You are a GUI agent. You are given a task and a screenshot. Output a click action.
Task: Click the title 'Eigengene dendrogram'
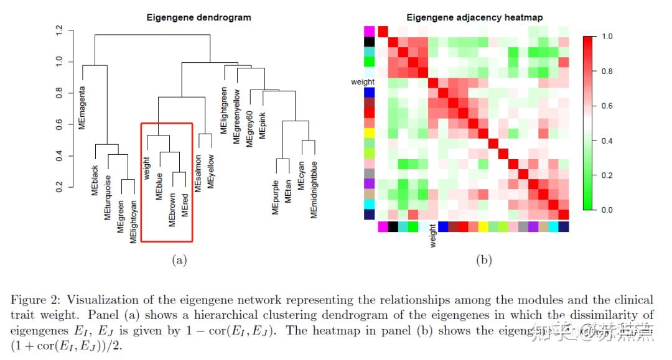click(x=198, y=17)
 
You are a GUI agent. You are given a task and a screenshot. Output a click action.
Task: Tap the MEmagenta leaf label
click(x=82, y=107)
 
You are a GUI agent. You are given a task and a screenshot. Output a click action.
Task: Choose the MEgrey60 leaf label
click(x=249, y=129)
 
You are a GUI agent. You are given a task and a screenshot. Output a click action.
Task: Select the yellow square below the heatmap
click(x=483, y=226)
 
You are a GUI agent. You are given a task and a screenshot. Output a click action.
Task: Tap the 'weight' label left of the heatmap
click(x=363, y=81)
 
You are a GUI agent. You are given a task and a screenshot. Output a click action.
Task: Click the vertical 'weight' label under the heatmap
click(x=432, y=237)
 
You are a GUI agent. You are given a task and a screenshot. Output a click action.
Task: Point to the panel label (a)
click(x=179, y=261)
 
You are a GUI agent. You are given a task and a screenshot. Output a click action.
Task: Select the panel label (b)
click(x=484, y=261)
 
